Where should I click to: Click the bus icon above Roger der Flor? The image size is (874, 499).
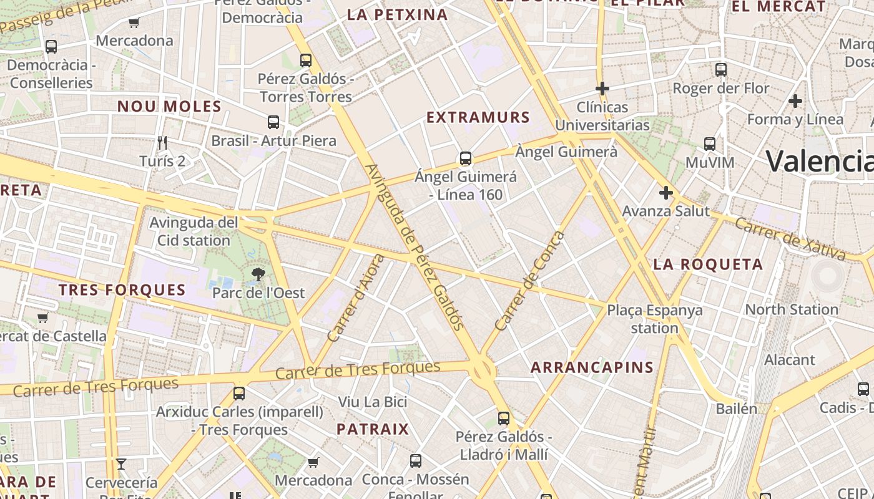tap(721, 70)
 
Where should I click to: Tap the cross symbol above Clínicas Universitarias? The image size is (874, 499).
tap(602, 89)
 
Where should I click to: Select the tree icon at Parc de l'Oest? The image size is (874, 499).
tap(257, 274)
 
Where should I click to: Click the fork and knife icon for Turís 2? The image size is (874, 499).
tap(162, 143)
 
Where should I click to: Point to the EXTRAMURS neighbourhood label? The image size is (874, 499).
tap(478, 117)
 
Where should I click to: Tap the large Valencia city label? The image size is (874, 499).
tap(819, 161)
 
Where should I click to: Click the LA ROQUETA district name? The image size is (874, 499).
tap(708, 264)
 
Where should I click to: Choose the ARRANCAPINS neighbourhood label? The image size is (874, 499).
tap(592, 367)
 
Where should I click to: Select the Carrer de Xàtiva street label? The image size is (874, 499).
tap(790, 239)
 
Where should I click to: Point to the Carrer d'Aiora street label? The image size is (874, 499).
tap(355, 298)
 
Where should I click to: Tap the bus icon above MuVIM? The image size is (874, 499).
tap(710, 144)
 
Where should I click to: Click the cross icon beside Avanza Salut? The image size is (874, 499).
tap(666, 193)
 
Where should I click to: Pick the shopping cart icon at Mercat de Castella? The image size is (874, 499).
tap(43, 318)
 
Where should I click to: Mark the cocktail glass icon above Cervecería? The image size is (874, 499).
tap(121, 463)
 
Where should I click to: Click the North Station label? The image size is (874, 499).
tap(792, 309)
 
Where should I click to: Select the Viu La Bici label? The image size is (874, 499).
tap(373, 402)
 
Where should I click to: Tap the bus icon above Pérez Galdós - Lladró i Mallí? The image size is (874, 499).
tap(504, 419)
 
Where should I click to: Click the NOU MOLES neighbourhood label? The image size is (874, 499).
tap(169, 107)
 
